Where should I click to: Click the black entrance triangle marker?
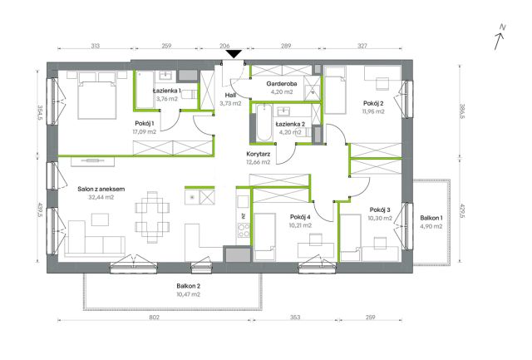tap(234, 54)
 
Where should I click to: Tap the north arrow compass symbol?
tap(500, 37)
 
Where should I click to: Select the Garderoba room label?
tap(282, 83)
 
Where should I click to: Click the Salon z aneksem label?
tap(101, 189)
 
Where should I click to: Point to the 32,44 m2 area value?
tap(101, 197)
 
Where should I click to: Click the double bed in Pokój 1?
tap(97, 95)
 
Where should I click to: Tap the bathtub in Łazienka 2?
tap(264, 123)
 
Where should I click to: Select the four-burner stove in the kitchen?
tap(244, 229)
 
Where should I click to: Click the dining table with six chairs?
tap(152, 217)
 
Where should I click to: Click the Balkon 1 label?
tap(431, 218)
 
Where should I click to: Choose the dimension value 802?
tap(154, 318)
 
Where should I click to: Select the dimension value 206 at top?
tap(224, 46)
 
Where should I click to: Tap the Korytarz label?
tap(259, 154)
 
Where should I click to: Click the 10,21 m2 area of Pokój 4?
tap(300, 225)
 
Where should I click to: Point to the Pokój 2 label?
tap(373, 103)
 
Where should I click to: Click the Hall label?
tap(230, 96)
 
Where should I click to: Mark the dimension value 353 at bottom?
tap(295, 318)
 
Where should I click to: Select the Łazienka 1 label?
tap(166, 91)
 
